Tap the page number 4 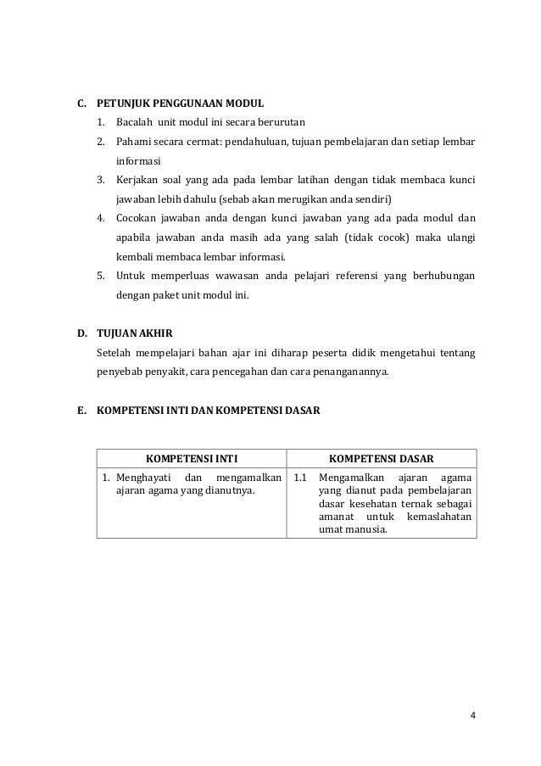click(x=473, y=713)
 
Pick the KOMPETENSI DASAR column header click(x=382, y=459)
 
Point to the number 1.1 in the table click(x=300, y=478)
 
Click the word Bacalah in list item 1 click(x=134, y=123)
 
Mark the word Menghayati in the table click(x=144, y=478)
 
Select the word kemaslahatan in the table click(x=441, y=517)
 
